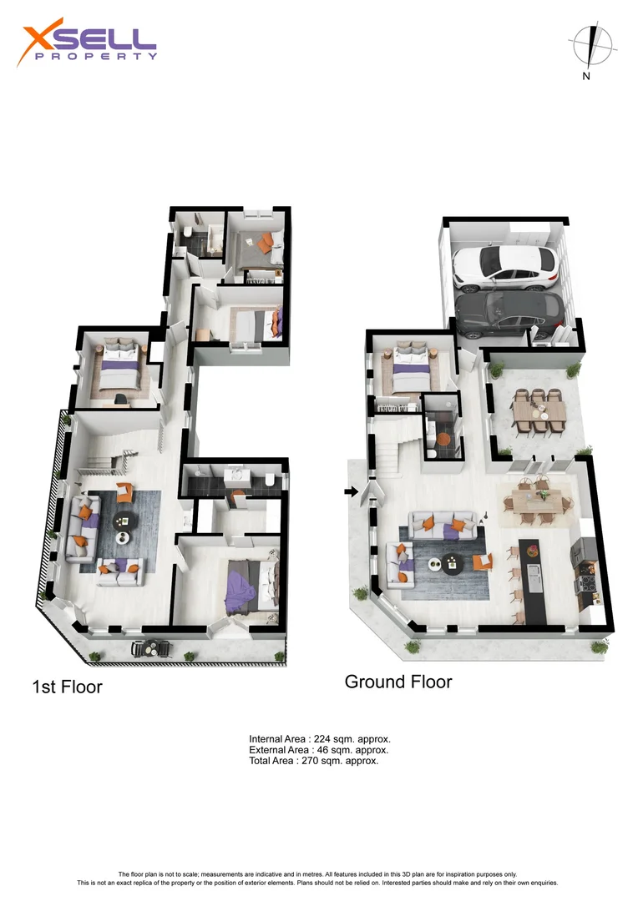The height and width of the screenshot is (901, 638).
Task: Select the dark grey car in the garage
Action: (507, 312)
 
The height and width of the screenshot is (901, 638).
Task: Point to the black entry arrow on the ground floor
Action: (352, 492)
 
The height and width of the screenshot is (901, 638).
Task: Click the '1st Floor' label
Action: (67, 687)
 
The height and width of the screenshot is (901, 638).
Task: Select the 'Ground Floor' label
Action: (398, 682)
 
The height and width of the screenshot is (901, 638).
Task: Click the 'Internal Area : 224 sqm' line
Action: (320, 739)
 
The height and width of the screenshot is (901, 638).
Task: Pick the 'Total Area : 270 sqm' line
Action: (314, 761)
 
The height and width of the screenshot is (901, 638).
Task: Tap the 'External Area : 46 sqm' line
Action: (318, 750)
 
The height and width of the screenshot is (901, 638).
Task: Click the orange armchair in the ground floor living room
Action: (482, 563)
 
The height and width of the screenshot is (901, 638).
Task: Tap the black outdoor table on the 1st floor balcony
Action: (150, 647)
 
